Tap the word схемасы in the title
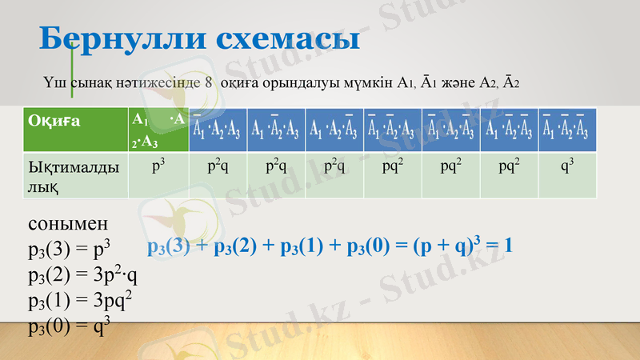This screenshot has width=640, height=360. [293, 38]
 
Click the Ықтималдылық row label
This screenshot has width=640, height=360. [78, 175]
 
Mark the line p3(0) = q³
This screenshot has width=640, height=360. [69, 326]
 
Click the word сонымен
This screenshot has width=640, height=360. [67, 224]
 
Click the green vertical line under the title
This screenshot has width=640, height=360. [72, 72]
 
